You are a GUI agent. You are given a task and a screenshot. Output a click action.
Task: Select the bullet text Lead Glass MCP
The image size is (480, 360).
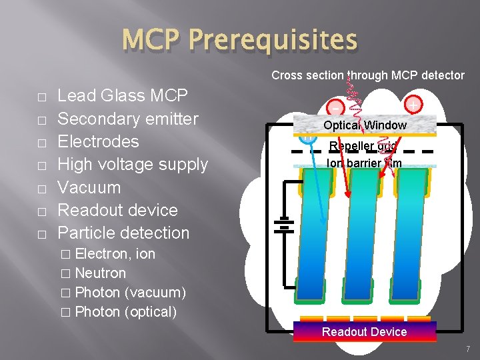click(123, 96)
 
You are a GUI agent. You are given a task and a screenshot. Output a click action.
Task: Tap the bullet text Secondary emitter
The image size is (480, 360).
click(128, 119)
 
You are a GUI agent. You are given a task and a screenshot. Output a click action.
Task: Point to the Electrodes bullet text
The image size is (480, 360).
click(98, 141)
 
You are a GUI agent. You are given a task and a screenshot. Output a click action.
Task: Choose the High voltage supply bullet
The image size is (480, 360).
click(133, 164)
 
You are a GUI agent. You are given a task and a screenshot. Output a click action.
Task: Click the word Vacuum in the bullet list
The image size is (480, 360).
click(89, 187)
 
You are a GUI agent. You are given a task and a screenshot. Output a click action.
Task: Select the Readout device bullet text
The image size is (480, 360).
click(117, 210)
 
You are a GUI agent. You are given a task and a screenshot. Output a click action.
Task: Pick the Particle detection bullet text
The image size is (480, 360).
click(123, 233)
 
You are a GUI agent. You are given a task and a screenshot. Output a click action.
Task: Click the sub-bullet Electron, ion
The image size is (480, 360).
click(115, 253)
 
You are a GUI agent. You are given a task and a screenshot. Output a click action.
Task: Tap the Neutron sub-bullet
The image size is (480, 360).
click(100, 273)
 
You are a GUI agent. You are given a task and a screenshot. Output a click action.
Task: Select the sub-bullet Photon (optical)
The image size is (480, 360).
click(125, 311)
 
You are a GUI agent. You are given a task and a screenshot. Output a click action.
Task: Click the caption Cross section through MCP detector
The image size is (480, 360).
click(367, 75)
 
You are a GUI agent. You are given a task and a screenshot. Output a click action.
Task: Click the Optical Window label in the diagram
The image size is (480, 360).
click(365, 125)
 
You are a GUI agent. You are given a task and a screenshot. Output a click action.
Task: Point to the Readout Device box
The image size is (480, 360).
click(364, 331)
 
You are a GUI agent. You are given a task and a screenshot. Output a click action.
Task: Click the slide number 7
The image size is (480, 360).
click(468, 349)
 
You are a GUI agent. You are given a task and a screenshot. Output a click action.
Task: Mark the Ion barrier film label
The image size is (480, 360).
click(364, 162)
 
